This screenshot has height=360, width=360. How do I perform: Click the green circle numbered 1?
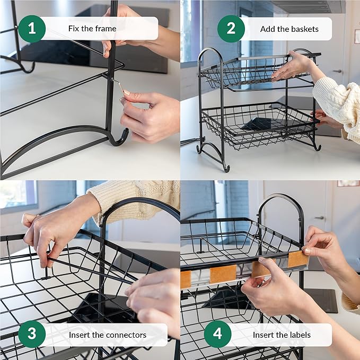pyautogui.click(x=32, y=29)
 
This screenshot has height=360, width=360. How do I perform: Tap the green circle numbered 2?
pyautogui.click(x=231, y=29)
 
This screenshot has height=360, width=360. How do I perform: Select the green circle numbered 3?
pyautogui.click(x=32, y=335)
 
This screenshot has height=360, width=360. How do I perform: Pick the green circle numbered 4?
pyautogui.click(x=218, y=335)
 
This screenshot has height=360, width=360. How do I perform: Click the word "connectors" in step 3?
pyautogui.click(x=126, y=335)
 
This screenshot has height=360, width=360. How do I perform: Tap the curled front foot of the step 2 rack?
pyautogui.click(x=226, y=165)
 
